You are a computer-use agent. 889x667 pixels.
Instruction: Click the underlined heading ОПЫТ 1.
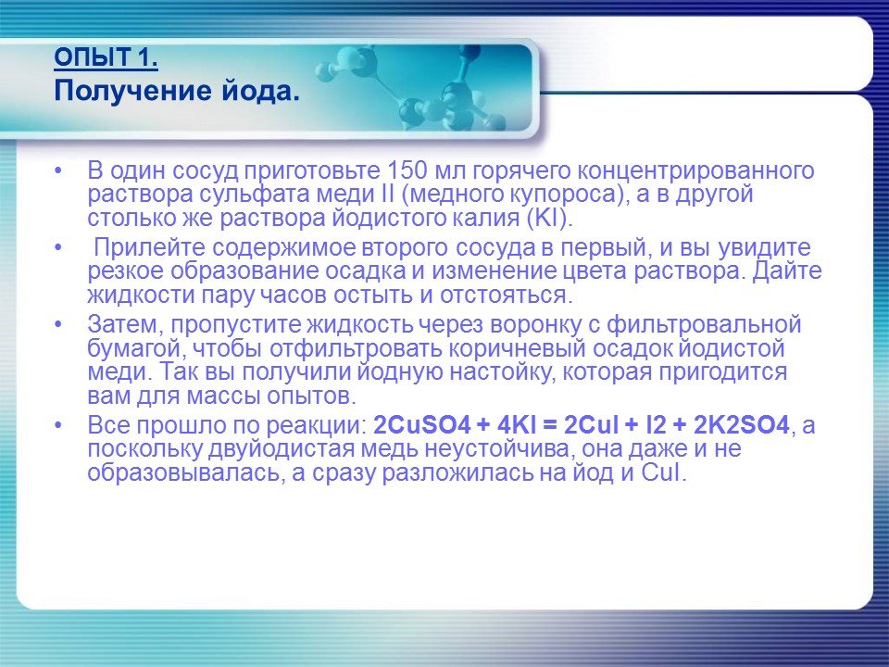tap(106, 59)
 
